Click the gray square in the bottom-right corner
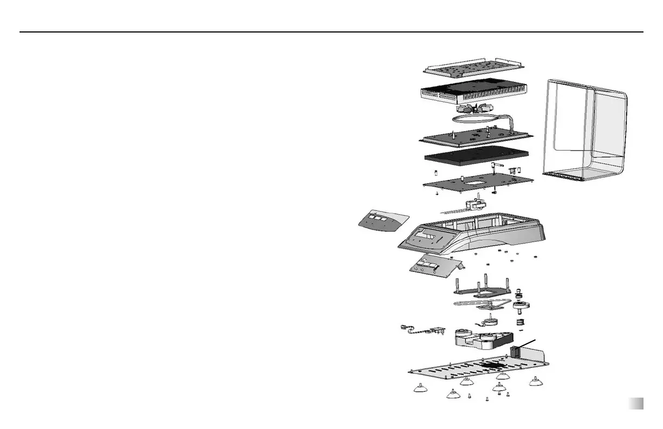(636, 404)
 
